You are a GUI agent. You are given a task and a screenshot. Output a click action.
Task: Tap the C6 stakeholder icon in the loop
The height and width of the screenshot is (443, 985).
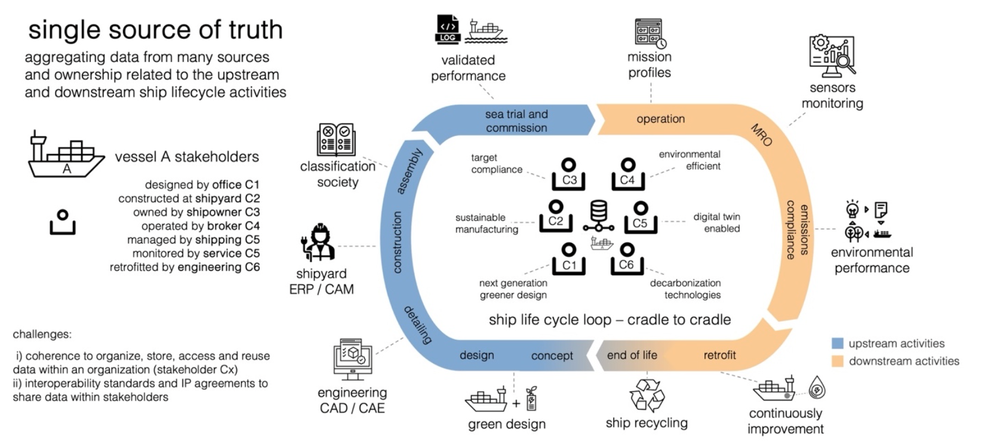(626, 259)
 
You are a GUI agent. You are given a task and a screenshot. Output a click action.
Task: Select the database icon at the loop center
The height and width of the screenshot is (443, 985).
(598, 216)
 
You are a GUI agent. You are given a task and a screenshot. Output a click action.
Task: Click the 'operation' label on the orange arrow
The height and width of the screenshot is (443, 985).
(660, 119)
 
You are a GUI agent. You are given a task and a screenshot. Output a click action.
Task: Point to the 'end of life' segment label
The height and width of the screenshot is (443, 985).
(632, 355)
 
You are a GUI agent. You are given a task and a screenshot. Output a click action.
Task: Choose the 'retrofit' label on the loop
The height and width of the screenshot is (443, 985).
(719, 355)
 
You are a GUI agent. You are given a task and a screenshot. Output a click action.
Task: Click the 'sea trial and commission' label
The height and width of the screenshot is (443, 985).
(516, 121)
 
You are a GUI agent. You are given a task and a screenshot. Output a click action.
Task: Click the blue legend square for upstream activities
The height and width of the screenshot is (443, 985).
(838, 343)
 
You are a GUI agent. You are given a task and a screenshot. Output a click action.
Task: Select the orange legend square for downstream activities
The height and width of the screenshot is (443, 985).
(838, 361)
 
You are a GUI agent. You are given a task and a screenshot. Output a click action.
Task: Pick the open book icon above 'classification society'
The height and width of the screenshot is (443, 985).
(336, 140)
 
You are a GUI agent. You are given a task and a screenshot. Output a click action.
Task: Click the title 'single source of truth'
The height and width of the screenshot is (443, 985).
(155, 30)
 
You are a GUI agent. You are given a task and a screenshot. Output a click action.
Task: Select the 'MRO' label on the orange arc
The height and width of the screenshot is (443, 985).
(761, 136)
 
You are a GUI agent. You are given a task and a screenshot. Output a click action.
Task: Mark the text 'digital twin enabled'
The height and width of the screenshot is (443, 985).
(716, 223)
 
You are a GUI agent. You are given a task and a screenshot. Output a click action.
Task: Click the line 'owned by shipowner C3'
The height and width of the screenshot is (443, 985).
(196, 213)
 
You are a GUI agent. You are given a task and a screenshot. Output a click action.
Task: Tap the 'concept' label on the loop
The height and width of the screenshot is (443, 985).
(552, 356)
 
